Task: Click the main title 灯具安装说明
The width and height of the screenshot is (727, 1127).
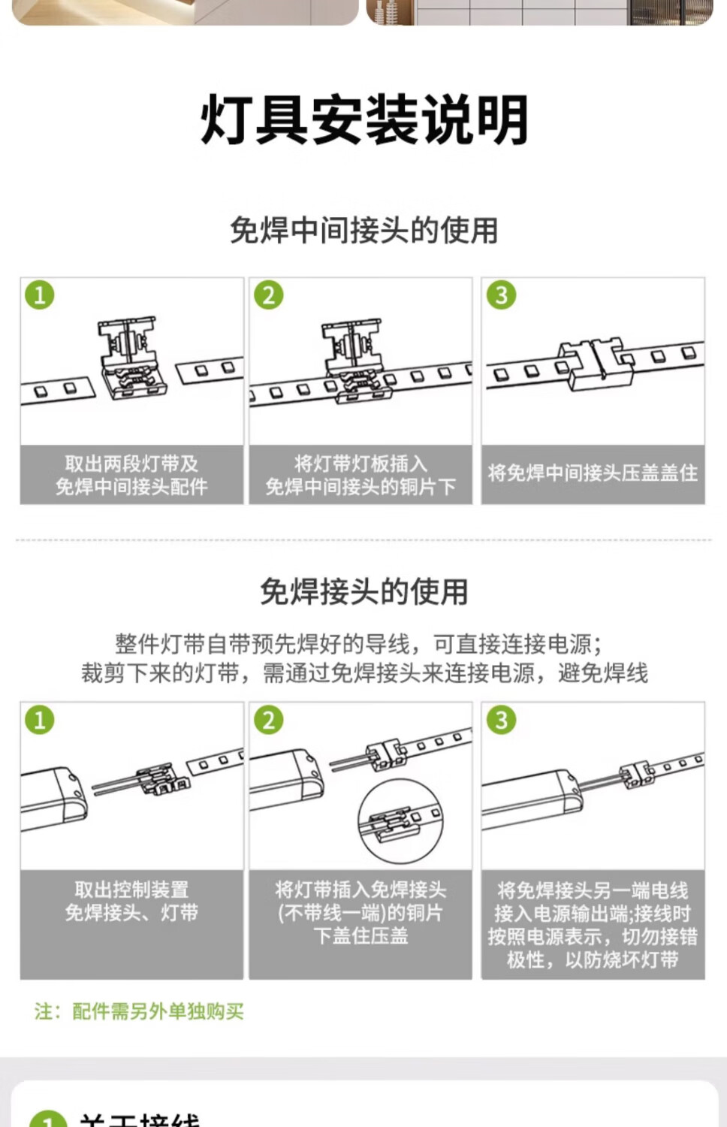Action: point(364,120)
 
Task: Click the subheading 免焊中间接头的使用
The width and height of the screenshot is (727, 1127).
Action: point(364,231)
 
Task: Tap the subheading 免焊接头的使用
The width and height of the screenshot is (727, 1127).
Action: point(364,592)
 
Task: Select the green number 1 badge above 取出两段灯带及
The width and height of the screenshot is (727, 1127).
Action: point(40,295)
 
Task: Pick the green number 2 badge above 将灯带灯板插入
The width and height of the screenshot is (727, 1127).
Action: point(269,295)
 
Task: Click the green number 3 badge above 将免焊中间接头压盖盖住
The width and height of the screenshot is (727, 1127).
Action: point(502,295)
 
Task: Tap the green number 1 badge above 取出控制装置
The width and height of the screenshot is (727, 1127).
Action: point(40,720)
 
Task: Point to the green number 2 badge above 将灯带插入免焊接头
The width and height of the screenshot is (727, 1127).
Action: point(269,720)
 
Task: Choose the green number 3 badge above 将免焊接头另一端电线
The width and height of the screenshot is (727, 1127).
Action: point(502,720)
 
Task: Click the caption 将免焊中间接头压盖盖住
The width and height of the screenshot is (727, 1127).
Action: point(593,473)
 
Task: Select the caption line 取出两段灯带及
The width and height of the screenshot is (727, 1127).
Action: point(131,464)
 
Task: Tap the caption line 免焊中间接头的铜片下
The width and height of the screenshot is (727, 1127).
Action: point(360,487)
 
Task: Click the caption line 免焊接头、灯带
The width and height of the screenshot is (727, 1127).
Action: point(131,913)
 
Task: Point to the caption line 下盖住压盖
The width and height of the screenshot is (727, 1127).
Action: point(360,936)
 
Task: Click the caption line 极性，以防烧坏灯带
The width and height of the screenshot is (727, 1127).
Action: point(593,959)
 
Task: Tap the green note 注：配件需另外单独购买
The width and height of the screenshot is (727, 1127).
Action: point(139,1011)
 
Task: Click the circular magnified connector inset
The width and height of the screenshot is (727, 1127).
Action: point(400,821)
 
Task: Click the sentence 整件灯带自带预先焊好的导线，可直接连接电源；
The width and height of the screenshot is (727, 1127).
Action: point(358,644)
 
